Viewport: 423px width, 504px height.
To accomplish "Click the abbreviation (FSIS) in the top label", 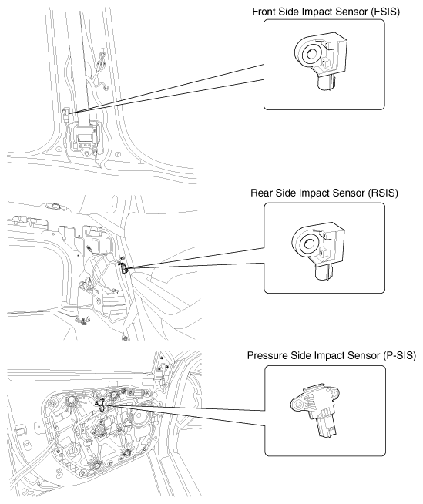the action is [385, 12].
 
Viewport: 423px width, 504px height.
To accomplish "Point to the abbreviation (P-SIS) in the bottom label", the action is [399, 356].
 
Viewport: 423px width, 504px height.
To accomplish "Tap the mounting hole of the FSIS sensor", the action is [311, 53].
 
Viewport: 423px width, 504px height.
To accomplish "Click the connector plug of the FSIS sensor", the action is [326, 82].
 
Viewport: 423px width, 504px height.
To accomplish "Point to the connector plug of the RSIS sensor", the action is [324, 274].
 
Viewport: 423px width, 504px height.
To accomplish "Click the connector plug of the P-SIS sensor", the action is [327, 428].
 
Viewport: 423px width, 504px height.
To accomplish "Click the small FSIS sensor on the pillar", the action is [66, 113].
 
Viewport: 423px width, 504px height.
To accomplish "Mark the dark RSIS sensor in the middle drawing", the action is [124, 267].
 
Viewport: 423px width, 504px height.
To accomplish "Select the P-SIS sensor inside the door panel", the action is [101, 405].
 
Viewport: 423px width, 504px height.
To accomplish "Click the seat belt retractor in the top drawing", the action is [85, 136].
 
